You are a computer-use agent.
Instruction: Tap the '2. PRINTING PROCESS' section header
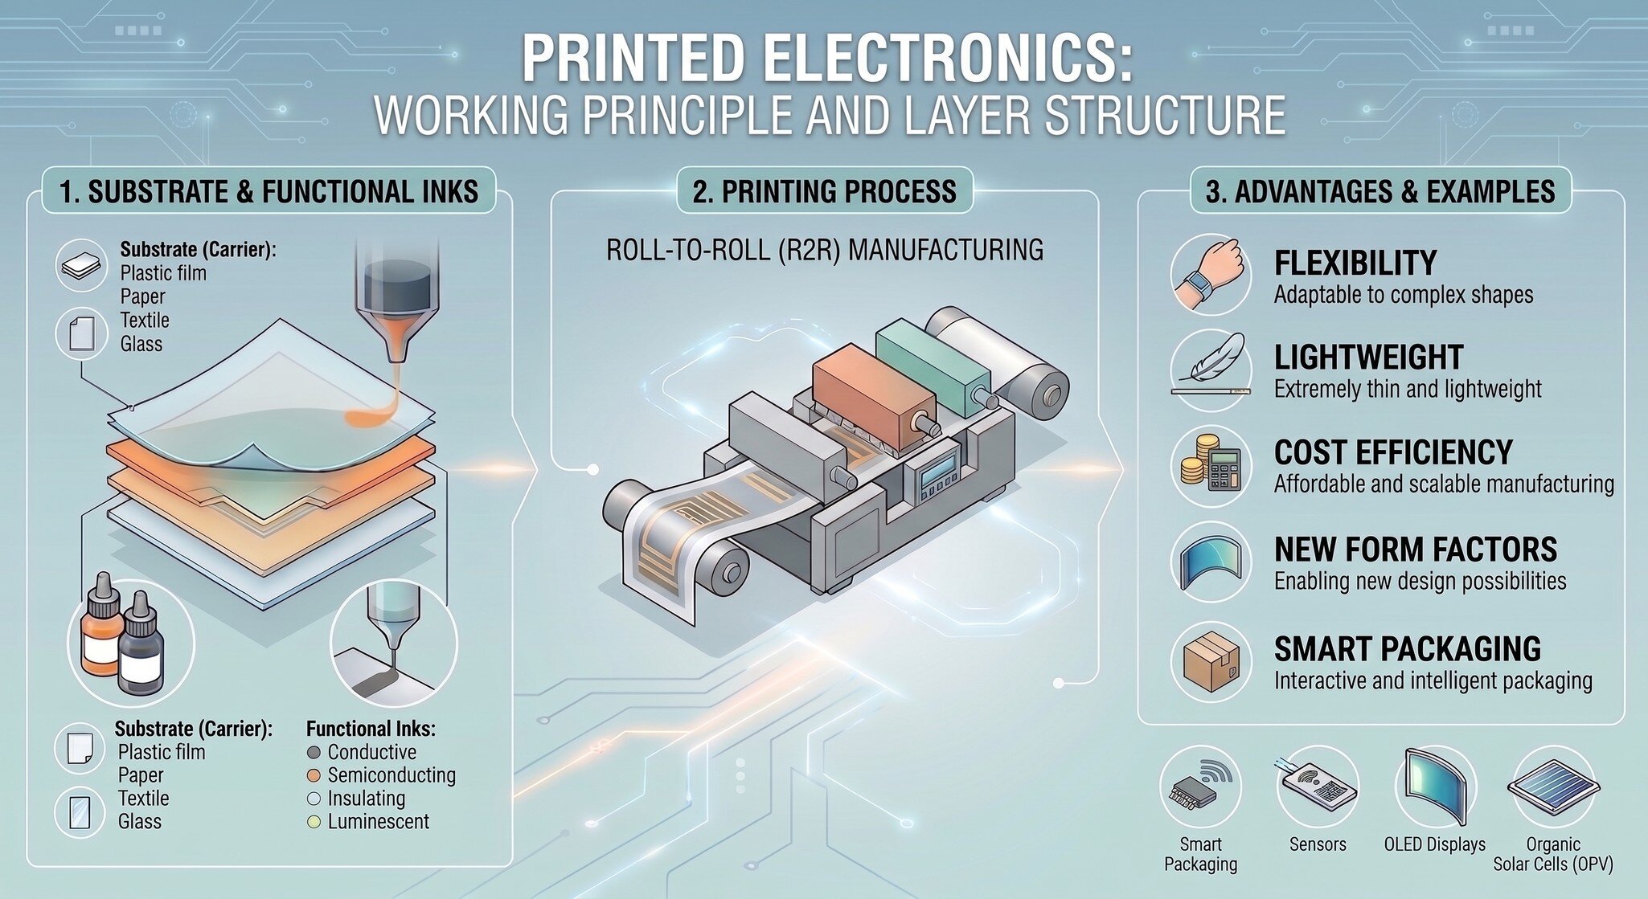pos(825,191)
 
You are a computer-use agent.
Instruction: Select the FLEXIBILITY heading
pos(1355,263)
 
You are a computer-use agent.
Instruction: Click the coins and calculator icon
pos(1211,466)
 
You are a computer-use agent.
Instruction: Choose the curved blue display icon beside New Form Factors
pos(1211,563)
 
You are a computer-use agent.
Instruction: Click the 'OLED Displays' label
pos(1435,844)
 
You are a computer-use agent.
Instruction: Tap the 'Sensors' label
pos(1318,844)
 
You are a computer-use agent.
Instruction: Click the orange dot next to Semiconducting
pos(314,775)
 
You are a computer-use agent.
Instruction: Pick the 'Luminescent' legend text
pos(378,822)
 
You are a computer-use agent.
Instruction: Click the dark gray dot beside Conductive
pos(314,753)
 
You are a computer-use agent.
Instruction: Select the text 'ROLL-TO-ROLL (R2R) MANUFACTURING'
pos(825,250)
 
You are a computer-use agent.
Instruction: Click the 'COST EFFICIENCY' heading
pos(1393,452)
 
